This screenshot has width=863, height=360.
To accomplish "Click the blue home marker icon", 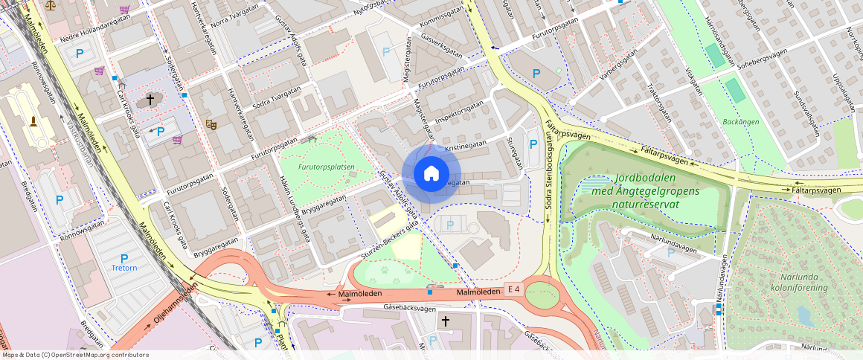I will point(431,174).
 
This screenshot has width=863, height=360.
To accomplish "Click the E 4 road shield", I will point(513,289).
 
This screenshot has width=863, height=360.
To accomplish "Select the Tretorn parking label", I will point(124,268).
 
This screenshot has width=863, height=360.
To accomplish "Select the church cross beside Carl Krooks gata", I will point(150,99).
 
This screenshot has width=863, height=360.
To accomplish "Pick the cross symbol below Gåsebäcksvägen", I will point(446,321).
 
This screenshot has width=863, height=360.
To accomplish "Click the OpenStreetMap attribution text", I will point(74,355).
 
